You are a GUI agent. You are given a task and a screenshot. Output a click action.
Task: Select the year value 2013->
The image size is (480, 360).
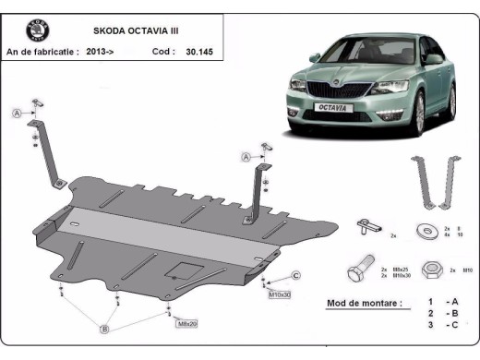pyautogui.click(x=101, y=52)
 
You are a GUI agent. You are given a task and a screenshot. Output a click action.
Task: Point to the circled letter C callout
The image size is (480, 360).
pyautogui.click(x=296, y=276)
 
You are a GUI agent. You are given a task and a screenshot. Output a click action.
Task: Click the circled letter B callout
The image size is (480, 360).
pyautogui.click(x=104, y=329)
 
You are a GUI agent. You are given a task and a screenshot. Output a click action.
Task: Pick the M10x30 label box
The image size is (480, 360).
pyautogui.click(x=280, y=294)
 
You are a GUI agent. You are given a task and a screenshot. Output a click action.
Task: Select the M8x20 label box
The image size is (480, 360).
pyautogui.click(x=187, y=323)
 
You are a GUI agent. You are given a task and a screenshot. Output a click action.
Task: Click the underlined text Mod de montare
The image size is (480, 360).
pyautogui.click(x=365, y=303)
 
